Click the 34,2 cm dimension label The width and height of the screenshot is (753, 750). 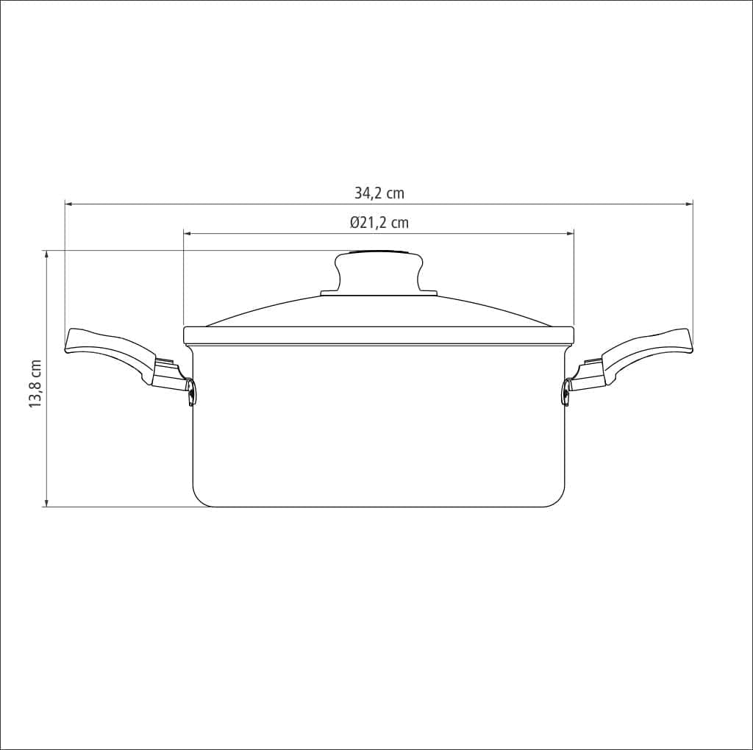379,193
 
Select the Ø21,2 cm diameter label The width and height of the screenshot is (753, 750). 379,223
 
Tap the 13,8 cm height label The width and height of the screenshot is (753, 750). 35,384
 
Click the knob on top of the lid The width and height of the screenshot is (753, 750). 379,271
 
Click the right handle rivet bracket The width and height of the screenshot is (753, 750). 566,392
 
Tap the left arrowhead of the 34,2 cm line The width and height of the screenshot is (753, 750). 69,204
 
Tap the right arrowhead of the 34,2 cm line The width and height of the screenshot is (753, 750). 689,204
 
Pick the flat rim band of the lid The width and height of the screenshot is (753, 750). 379,335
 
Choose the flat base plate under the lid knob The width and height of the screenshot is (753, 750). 379,294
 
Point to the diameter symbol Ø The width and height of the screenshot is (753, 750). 354,223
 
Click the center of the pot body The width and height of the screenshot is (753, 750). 379,426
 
